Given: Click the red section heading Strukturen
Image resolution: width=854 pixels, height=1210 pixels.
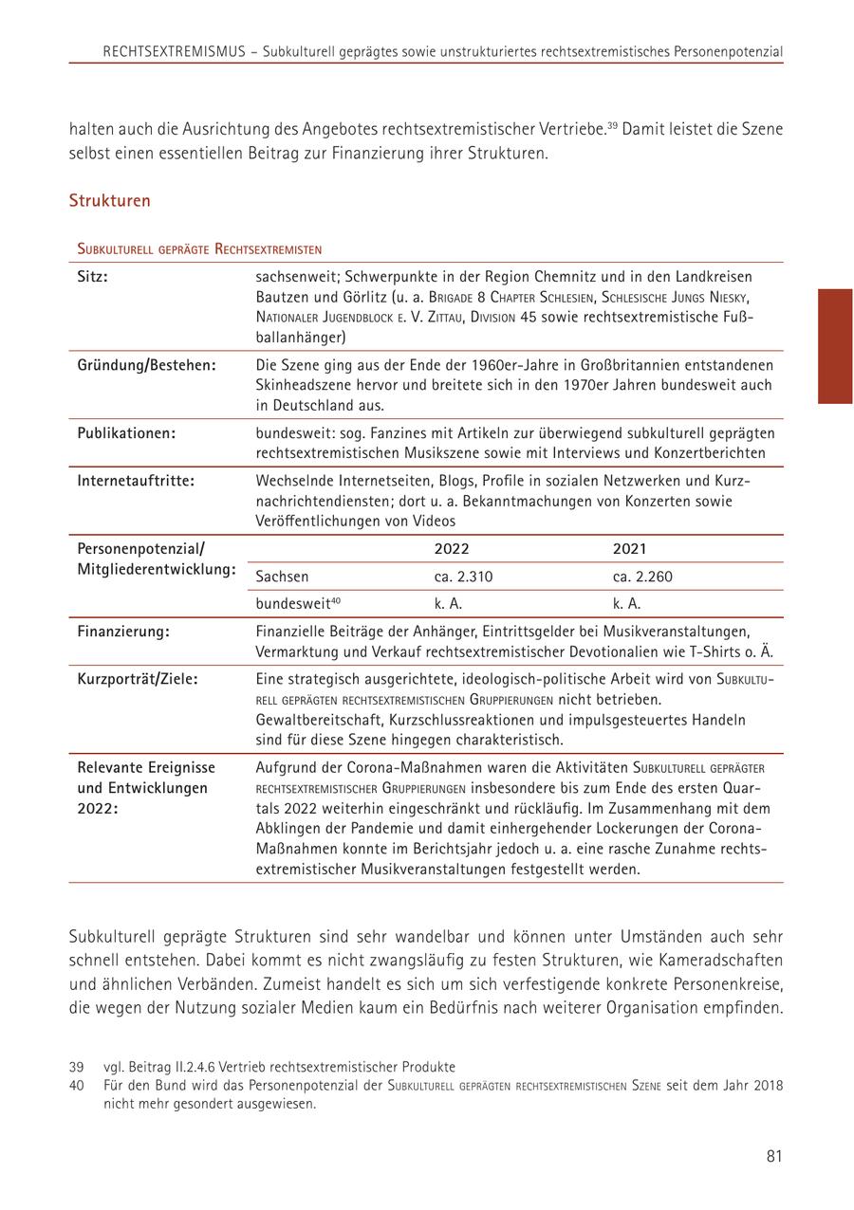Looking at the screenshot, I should [x=109, y=201].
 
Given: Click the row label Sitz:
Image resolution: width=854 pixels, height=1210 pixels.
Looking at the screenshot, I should [x=93, y=277].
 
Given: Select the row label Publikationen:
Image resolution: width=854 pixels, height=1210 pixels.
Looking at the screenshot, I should [x=126, y=432].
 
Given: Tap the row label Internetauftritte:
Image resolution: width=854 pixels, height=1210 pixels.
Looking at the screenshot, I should [x=136, y=481].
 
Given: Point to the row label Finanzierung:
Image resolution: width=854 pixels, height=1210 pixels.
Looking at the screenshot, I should [x=124, y=631].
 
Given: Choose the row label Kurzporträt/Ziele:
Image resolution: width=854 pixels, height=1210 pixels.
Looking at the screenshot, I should [x=139, y=679].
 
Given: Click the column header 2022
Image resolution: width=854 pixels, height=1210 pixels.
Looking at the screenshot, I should [x=452, y=549].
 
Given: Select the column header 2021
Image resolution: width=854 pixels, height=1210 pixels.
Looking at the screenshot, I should [x=630, y=549].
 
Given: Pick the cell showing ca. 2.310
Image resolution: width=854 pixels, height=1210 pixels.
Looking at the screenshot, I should [x=464, y=577].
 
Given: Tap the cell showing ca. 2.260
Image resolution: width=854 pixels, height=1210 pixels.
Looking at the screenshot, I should [x=642, y=577].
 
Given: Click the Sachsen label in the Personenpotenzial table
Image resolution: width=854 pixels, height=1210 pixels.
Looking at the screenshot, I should [x=282, y=577].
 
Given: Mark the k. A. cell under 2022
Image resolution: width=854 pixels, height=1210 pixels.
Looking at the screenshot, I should [x=448, y=603].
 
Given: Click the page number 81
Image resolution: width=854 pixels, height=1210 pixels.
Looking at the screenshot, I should [x=773, y=1155].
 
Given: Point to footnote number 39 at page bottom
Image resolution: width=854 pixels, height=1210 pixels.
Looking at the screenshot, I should [x=77, y=1067].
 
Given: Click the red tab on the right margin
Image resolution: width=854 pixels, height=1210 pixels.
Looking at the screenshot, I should [x=835, y=346].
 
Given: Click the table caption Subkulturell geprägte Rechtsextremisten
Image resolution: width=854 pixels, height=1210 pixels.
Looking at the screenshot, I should [x=199, y=249].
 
